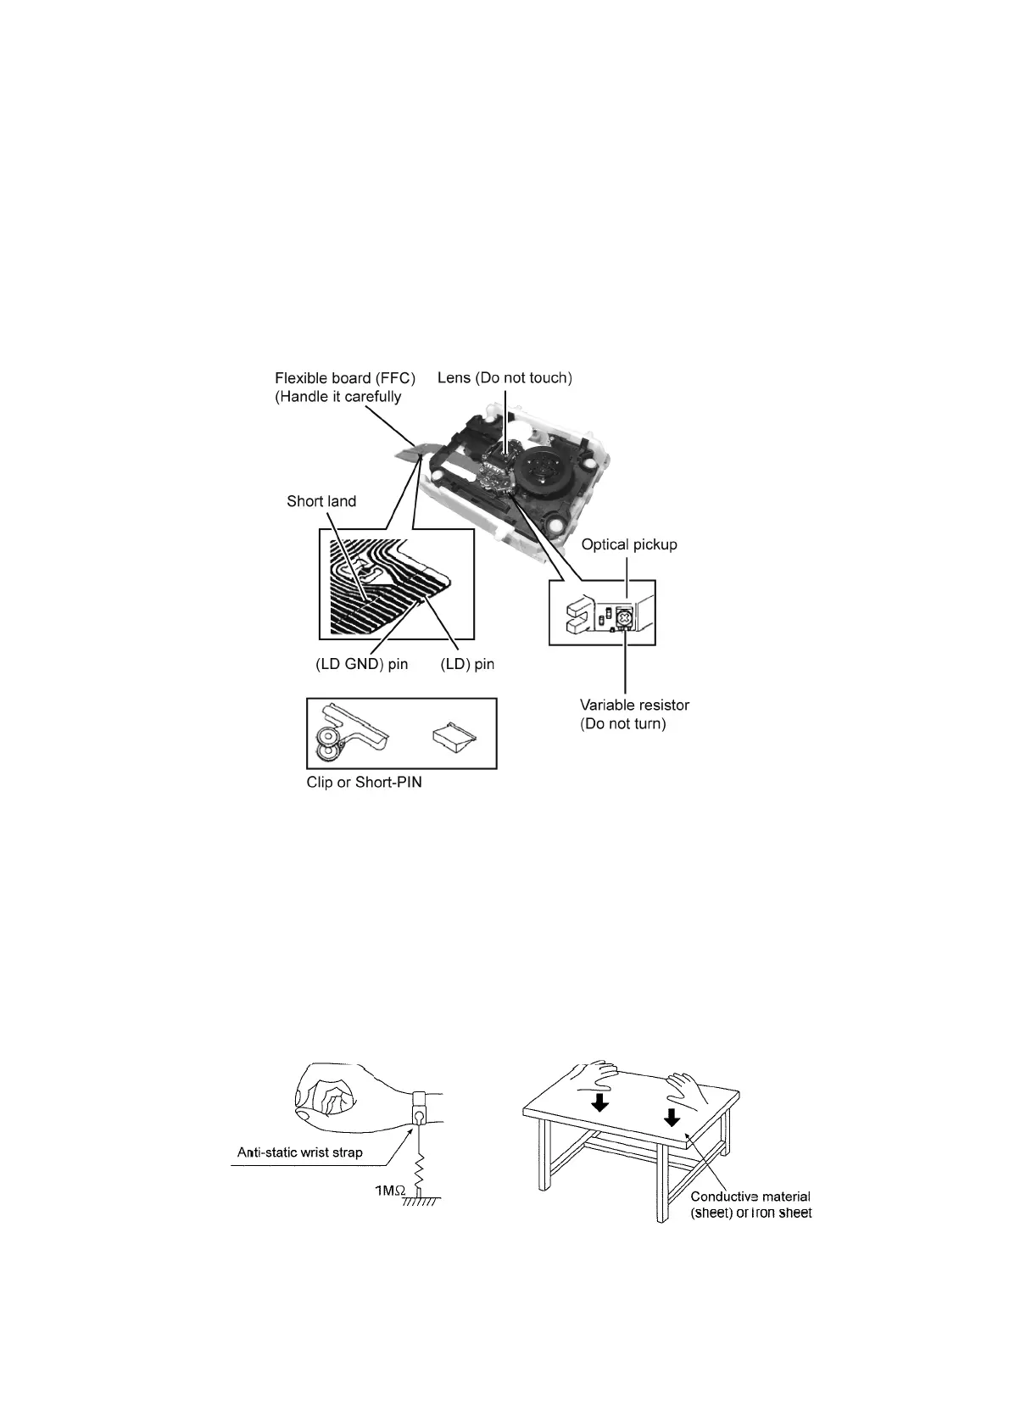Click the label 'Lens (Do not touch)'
tap(504, 377)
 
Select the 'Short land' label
tap(321, 501)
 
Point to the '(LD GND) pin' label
tap(361, 664)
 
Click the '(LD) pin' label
tap(467, 664)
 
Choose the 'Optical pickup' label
tap(628, 544)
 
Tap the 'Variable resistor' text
tap(634, 705)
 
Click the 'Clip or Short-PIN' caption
tap(364, 782)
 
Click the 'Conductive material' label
tap(750, 1197)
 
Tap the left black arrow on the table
tap(600, 1102)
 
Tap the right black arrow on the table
tap(672, 1118)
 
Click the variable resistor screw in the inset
tap(625, 618)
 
